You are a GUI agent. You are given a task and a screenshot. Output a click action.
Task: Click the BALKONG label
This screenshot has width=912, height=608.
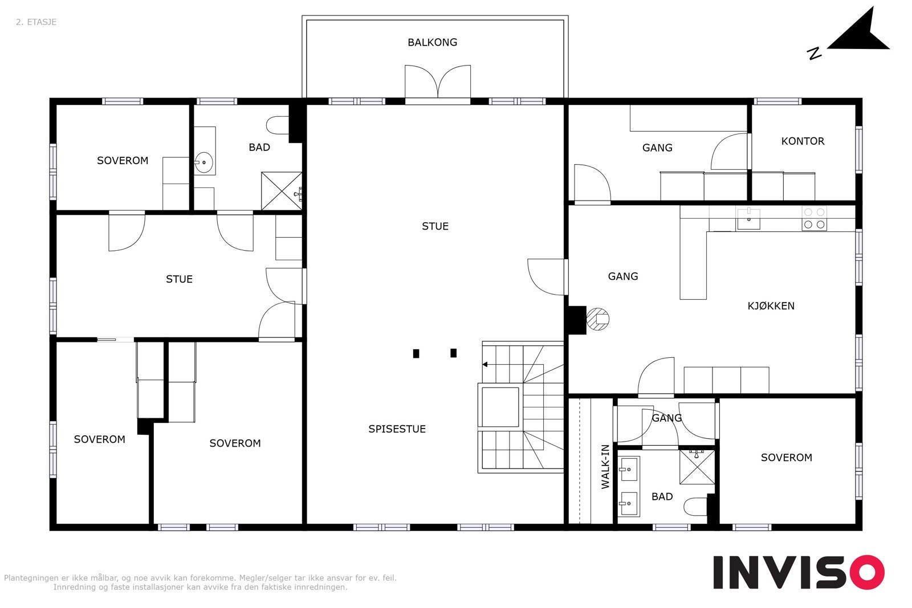(433, 42)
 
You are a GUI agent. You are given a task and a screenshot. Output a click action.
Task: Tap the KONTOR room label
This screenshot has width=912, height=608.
(803, 141)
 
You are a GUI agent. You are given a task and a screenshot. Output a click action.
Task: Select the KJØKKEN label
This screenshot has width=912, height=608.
(771, 305)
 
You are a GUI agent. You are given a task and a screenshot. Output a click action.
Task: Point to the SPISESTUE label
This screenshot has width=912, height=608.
(397, 429)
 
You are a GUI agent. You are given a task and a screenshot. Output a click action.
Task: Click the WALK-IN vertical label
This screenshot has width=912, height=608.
(605, 467)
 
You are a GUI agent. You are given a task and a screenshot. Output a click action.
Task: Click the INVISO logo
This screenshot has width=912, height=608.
(799, 572)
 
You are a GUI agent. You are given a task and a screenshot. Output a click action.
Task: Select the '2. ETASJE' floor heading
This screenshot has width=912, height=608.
(36, 22)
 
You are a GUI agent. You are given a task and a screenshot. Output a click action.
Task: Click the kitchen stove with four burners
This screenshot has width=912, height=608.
(815, 218)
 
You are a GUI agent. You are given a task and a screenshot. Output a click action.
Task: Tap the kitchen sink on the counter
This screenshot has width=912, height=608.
(749, 219)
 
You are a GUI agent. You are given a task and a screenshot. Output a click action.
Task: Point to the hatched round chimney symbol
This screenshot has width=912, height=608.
(598, 319)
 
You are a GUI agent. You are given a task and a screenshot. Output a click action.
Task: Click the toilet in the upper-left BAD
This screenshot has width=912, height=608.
(278, 125)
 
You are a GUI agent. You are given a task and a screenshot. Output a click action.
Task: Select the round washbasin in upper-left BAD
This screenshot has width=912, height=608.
(204, 162)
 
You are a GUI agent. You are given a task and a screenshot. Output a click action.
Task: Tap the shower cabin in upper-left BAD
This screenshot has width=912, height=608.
(282, 191)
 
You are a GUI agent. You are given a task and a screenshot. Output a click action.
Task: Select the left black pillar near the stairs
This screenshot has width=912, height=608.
(416, 354)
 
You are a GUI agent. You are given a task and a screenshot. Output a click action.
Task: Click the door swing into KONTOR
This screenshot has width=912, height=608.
(730, 151)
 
